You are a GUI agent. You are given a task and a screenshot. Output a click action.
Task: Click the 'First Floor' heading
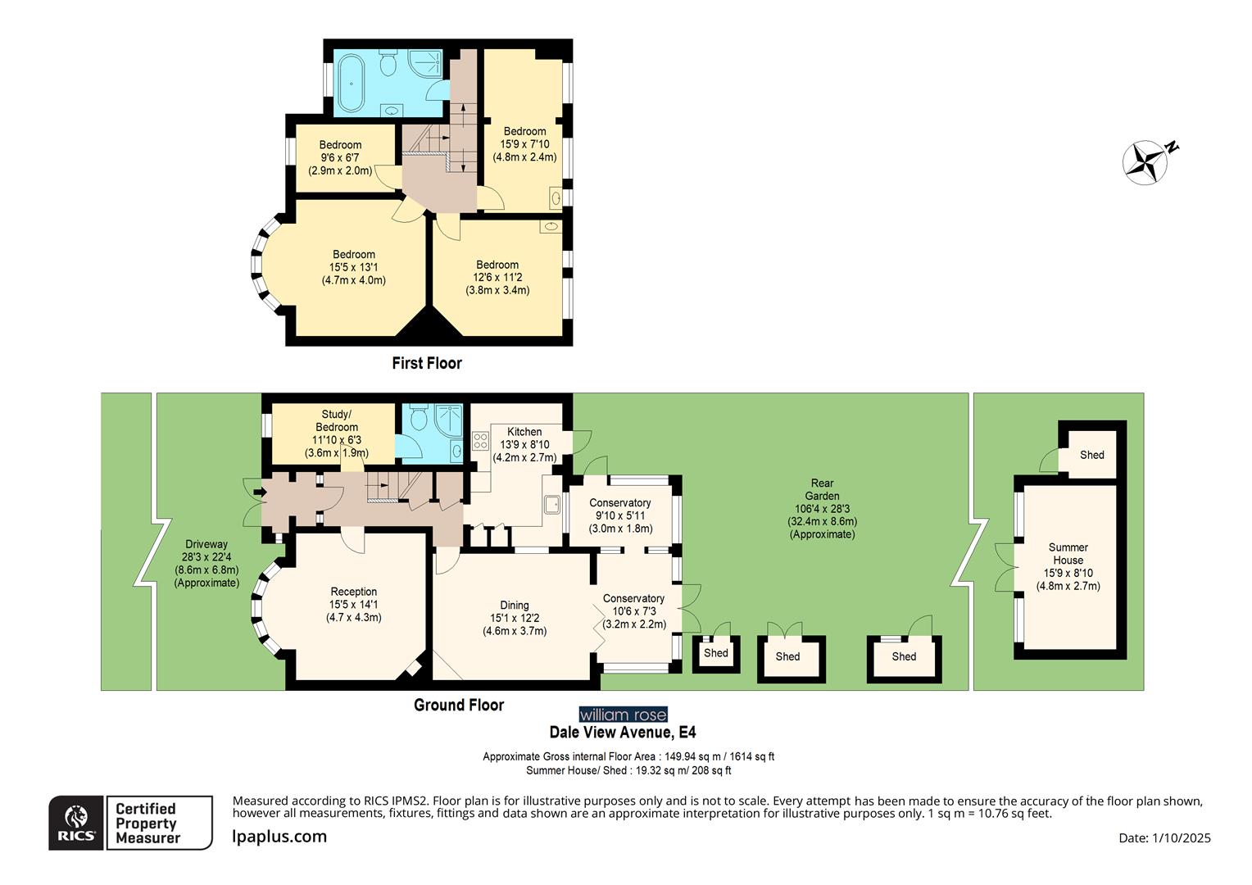pyautogui.click(x=426, y=363)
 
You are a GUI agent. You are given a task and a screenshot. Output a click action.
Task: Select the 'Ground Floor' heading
pyautogui.click(x=459, y=705)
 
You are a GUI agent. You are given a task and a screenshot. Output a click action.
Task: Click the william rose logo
pyautogui.click(x=623, y=715)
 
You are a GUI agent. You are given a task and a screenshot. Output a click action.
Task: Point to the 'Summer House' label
pyautogui.click(x=1068, y=554)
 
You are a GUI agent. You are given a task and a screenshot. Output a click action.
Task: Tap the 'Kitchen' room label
pyautogui.click(x=524, y=432)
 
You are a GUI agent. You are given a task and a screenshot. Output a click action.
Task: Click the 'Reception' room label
pyautogui.click(x=354, y=592)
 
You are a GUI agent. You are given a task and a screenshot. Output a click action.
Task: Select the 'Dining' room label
pyautogui.click(x=515, y=606)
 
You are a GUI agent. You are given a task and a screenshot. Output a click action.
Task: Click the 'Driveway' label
pyautogui.click(x=206, y=544)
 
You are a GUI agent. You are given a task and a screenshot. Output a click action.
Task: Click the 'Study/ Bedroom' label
pyautogui.click(x=337, y=420)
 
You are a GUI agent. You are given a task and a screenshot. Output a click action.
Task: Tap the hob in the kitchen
pyautogui.click(x=480, y=443)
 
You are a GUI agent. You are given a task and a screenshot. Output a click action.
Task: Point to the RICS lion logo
pyautogui.click(x=76, y=822)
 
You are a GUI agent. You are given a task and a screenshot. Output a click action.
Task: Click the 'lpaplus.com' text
pyautogui.click(x=279, y=837)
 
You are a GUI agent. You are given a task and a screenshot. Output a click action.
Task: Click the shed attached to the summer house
pyautogui.click(x=1091, y=455)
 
